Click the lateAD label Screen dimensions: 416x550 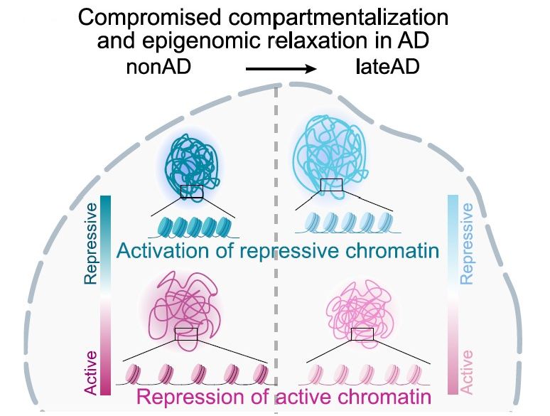(388, 69)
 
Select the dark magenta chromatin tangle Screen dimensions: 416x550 (184, 306)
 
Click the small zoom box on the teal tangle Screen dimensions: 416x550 (192, 191)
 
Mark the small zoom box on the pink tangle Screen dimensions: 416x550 (362, 334)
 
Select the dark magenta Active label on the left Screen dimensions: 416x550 (90, 370)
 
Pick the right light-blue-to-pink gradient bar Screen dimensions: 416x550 (453, 294)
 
